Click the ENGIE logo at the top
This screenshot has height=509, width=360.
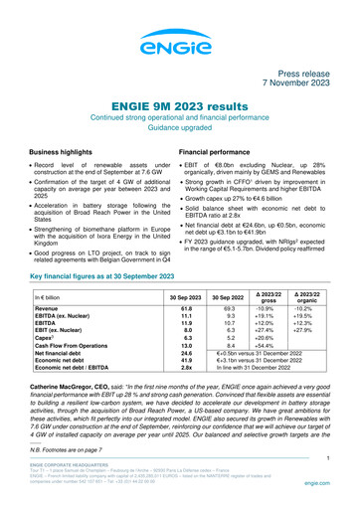pyautogui.click(x=179, y=45)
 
